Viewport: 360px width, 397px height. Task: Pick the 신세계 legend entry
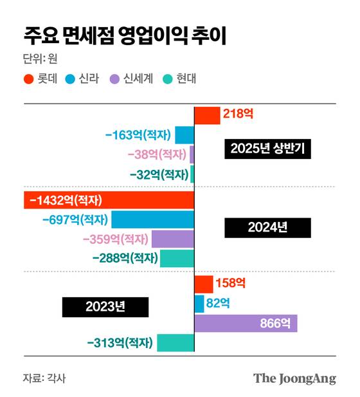click(130, 80)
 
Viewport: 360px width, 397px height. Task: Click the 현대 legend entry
click(177, 80)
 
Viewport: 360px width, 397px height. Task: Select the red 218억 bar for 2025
click(207, 115)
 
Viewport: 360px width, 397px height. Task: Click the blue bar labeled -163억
click(184, 135)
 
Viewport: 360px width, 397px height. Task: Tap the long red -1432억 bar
click(109, 199)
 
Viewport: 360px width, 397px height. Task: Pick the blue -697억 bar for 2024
click(152, 219)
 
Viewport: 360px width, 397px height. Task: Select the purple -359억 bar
click(172, 239)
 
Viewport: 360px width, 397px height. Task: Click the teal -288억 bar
click(177, 259)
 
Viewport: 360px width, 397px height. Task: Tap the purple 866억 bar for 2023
click(246, 323)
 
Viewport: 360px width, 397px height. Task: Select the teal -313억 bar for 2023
click(175, 343)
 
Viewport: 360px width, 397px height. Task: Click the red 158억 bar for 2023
click(204, 284)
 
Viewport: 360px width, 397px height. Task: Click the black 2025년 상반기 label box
click(268, 149)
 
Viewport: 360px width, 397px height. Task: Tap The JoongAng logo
click(294, 378)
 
